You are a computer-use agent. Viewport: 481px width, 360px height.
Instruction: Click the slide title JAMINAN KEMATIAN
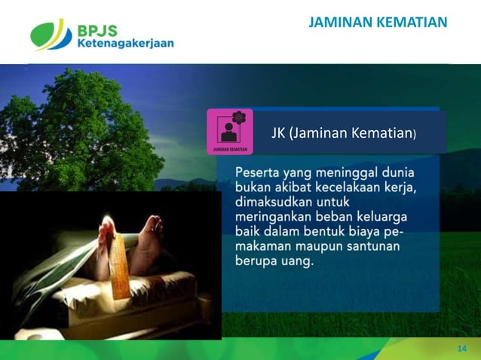pos(378,23)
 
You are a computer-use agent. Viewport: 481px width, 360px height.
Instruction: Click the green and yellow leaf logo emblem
pos(51,34)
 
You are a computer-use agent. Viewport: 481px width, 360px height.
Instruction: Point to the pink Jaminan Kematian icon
pos(229,132)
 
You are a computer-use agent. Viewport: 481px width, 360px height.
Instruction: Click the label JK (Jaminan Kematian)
pos(343,133)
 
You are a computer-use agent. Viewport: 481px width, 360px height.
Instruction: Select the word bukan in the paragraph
pos(253,185)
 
